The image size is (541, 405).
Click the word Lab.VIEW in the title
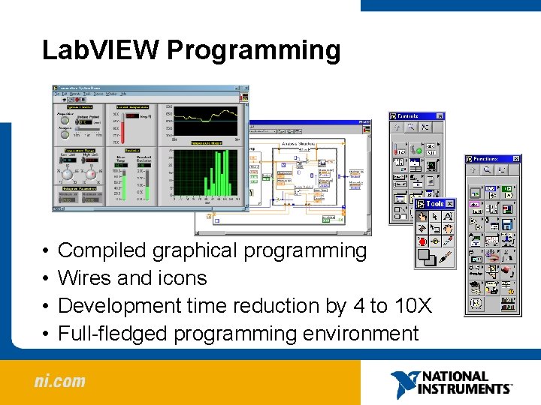pyautogui.click(x=101, y=50)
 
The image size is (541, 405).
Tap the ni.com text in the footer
pyautogui.click(x=59, y=381)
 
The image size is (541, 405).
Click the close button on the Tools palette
pyautogui.click(x=451, y=203)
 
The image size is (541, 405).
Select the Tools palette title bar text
pyautogui.click(x=434, y=203)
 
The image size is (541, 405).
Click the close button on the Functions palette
pyautogui.click(x=516, y=159)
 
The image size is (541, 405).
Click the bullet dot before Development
pyautogui.click(x=46, y=306)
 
